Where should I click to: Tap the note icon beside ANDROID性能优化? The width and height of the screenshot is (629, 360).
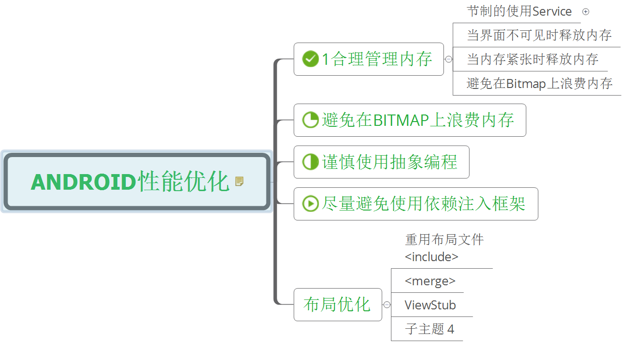(x=239, y=181)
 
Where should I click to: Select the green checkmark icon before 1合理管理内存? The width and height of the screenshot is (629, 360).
(x=310, y=59)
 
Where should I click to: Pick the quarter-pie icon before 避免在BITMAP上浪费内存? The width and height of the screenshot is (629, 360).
(x=310, y=120)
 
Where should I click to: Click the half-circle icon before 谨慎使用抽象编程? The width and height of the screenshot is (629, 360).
(x=310, y=162)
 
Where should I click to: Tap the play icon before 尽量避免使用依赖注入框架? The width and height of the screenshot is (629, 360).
(x=310, y=204)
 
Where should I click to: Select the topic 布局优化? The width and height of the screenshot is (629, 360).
(x=337, y=304)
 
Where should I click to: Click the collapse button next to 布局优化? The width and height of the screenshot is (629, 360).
(x=387, y=305)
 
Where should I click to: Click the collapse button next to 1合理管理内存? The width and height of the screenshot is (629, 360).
(x=449, y=59)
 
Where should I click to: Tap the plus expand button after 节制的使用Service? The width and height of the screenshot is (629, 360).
(x=585, y=12)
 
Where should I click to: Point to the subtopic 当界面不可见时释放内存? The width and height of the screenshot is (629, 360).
(x=539, y=35)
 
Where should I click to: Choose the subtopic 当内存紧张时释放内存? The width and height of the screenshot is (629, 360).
(x=532, y=59)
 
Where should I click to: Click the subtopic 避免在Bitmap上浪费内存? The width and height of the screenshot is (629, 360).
(x=540, y=84)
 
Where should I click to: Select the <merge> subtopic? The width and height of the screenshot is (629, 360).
(x=430, y=281)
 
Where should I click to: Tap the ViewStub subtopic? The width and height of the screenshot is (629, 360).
(x=430, y=305)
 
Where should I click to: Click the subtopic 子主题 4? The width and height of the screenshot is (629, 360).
(x=430, y=329)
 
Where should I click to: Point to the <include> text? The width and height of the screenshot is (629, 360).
(x=432, y=257)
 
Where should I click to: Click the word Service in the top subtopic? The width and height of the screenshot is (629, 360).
(x=552, y=11)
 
